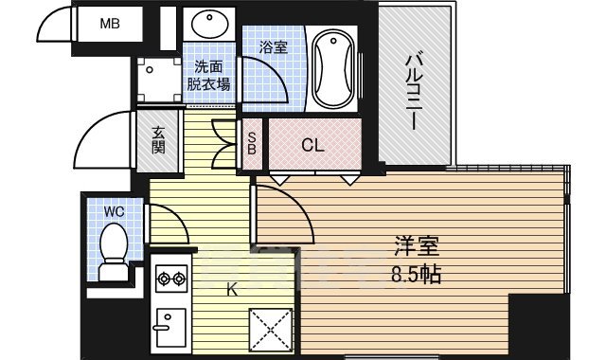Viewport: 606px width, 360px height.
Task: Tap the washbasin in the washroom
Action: tap(207, 23)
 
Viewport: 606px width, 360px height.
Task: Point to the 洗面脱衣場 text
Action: tap(208, 75)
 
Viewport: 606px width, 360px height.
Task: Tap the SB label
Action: tap(252, 144)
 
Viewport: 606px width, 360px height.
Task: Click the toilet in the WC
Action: tap(115, 249)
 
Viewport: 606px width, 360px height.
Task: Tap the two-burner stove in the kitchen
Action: tap(170, 279)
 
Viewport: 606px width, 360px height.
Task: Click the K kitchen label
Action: tap(231, 290)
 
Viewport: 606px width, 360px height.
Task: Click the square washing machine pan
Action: tap(158, 81)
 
